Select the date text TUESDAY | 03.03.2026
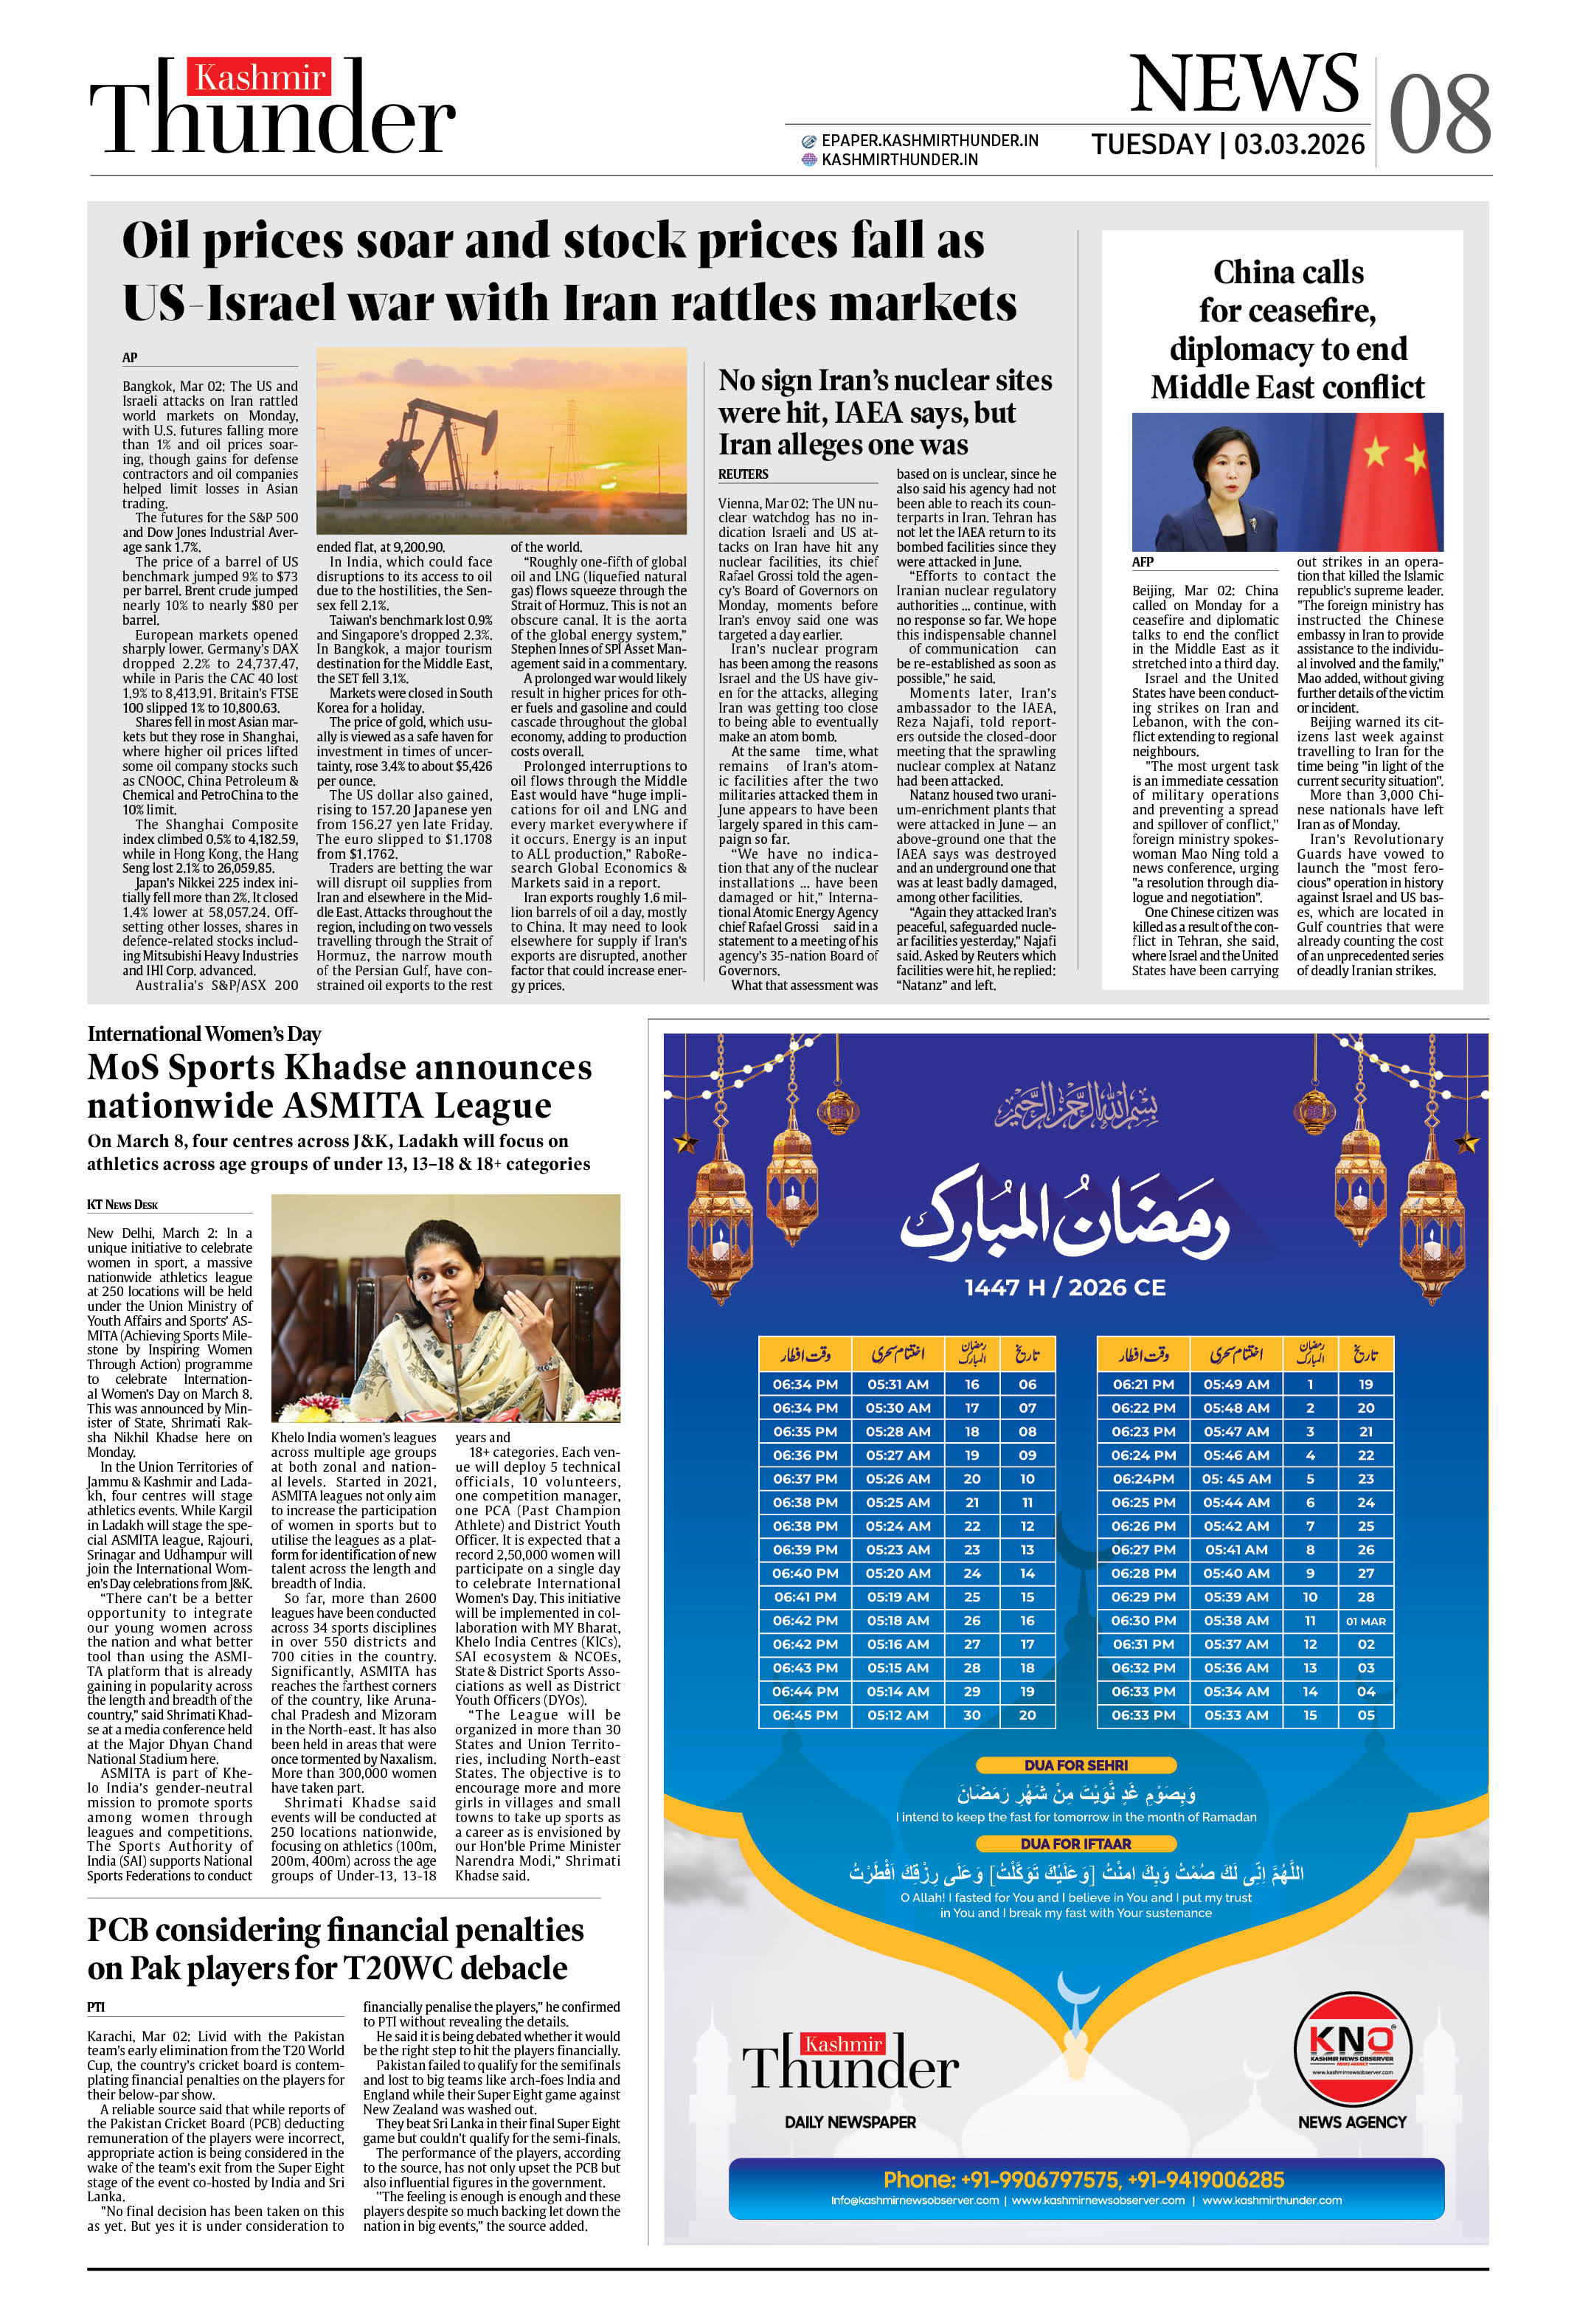pyautogui.click(x=1227, y=145)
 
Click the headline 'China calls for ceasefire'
pyautogui.click(x=1287, y=329)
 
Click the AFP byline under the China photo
pyautogui.click(x=1142, y=561)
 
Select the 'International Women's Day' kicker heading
pyautogui.click(x=204, y=1034)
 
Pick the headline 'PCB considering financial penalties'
pyautogui.click(x=335, y=1948)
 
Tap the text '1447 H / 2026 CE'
pyautogui.click(x=1064, y=1287)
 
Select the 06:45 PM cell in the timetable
pyautogui.click(x=804, y=1715)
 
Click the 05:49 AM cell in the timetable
pyautogui.click(x=1235, y=1384)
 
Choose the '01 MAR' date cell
pyautogui.click(x=1365, y=1621)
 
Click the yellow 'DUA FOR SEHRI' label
pyautogui.click(x=1075, y=1765)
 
